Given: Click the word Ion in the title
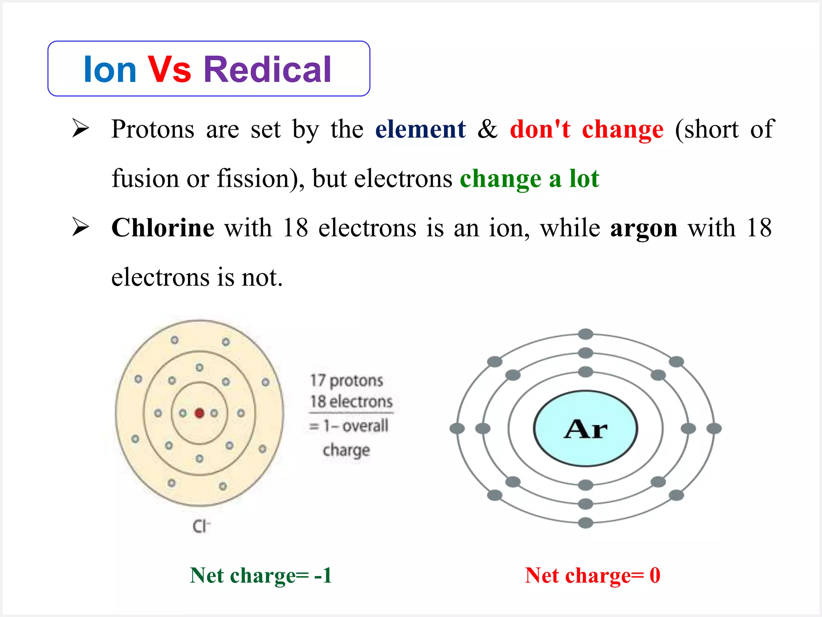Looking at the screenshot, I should click(x=110, y=70).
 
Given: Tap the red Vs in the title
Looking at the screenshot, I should click(x=169, y=70).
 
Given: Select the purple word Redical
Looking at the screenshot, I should click(x=267, y=70).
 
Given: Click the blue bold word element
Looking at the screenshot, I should click(x=420, y=129).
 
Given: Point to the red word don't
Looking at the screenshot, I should click(x=540, y=129).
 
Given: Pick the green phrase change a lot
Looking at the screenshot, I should click(x=529, y=179).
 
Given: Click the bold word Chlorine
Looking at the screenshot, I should click(x=163, y=228).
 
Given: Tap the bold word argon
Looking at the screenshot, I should click(x=643, y=228).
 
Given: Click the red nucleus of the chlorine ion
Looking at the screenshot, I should click(x=199, y=413).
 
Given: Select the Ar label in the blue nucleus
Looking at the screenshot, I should click(x=585, y=429).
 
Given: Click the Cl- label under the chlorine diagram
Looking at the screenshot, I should click(x=201, y=526).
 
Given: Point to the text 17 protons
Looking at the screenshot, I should click(x=347, y=380).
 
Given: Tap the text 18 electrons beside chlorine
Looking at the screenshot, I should click(x=351, y=401).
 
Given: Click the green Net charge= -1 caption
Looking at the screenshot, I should click(x=261, y=575).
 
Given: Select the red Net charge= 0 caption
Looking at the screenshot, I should click(x=592, y=575).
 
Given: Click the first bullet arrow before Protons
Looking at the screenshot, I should click(x=80, y=129).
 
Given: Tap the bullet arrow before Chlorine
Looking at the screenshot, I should click(x=80, y=227).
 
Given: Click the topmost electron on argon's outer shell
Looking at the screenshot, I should click(x=586, y=334).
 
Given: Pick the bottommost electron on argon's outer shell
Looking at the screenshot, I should click(x=586, y=523).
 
